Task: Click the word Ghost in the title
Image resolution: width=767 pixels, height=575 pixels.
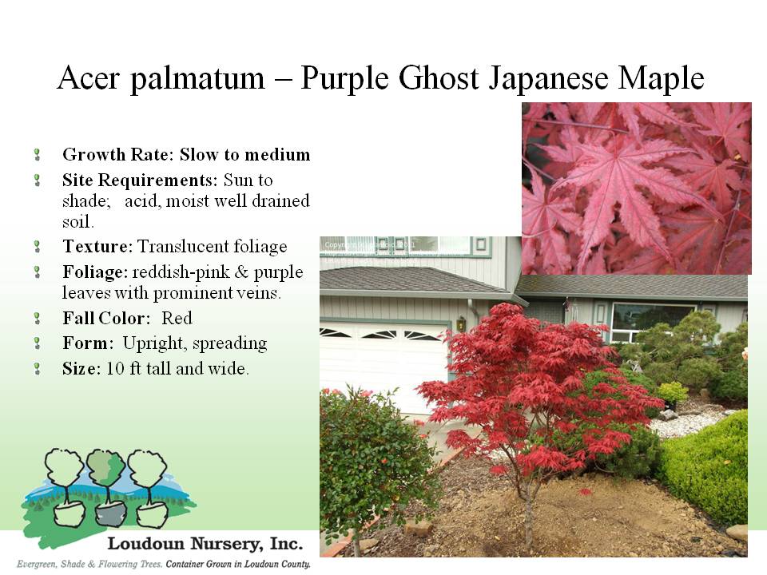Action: [x=439, y=77]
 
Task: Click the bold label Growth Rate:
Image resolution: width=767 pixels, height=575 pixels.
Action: [x=118, y=155]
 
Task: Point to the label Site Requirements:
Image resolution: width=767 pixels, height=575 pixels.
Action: [x=140, y=180]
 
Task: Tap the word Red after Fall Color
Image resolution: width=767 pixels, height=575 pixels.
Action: [x=177, y=319]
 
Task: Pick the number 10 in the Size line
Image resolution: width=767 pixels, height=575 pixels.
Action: [x=115, y=369]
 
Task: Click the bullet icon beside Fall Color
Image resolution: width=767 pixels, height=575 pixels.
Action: [x=38, y=319]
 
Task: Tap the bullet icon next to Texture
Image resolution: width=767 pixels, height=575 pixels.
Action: [x=38, y=246]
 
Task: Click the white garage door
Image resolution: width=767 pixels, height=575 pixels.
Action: [x=385, y=367]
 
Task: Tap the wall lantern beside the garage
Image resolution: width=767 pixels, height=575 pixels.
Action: [x=461, y=323]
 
